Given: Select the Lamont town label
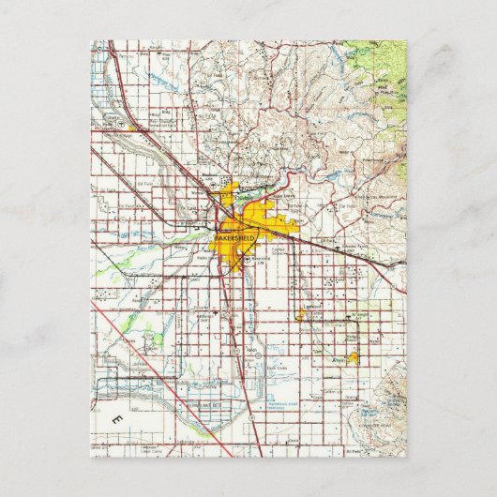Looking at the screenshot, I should click(312, 306).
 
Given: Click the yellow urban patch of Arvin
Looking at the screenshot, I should click(354, 358).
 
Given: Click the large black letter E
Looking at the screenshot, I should click(117, 415).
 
